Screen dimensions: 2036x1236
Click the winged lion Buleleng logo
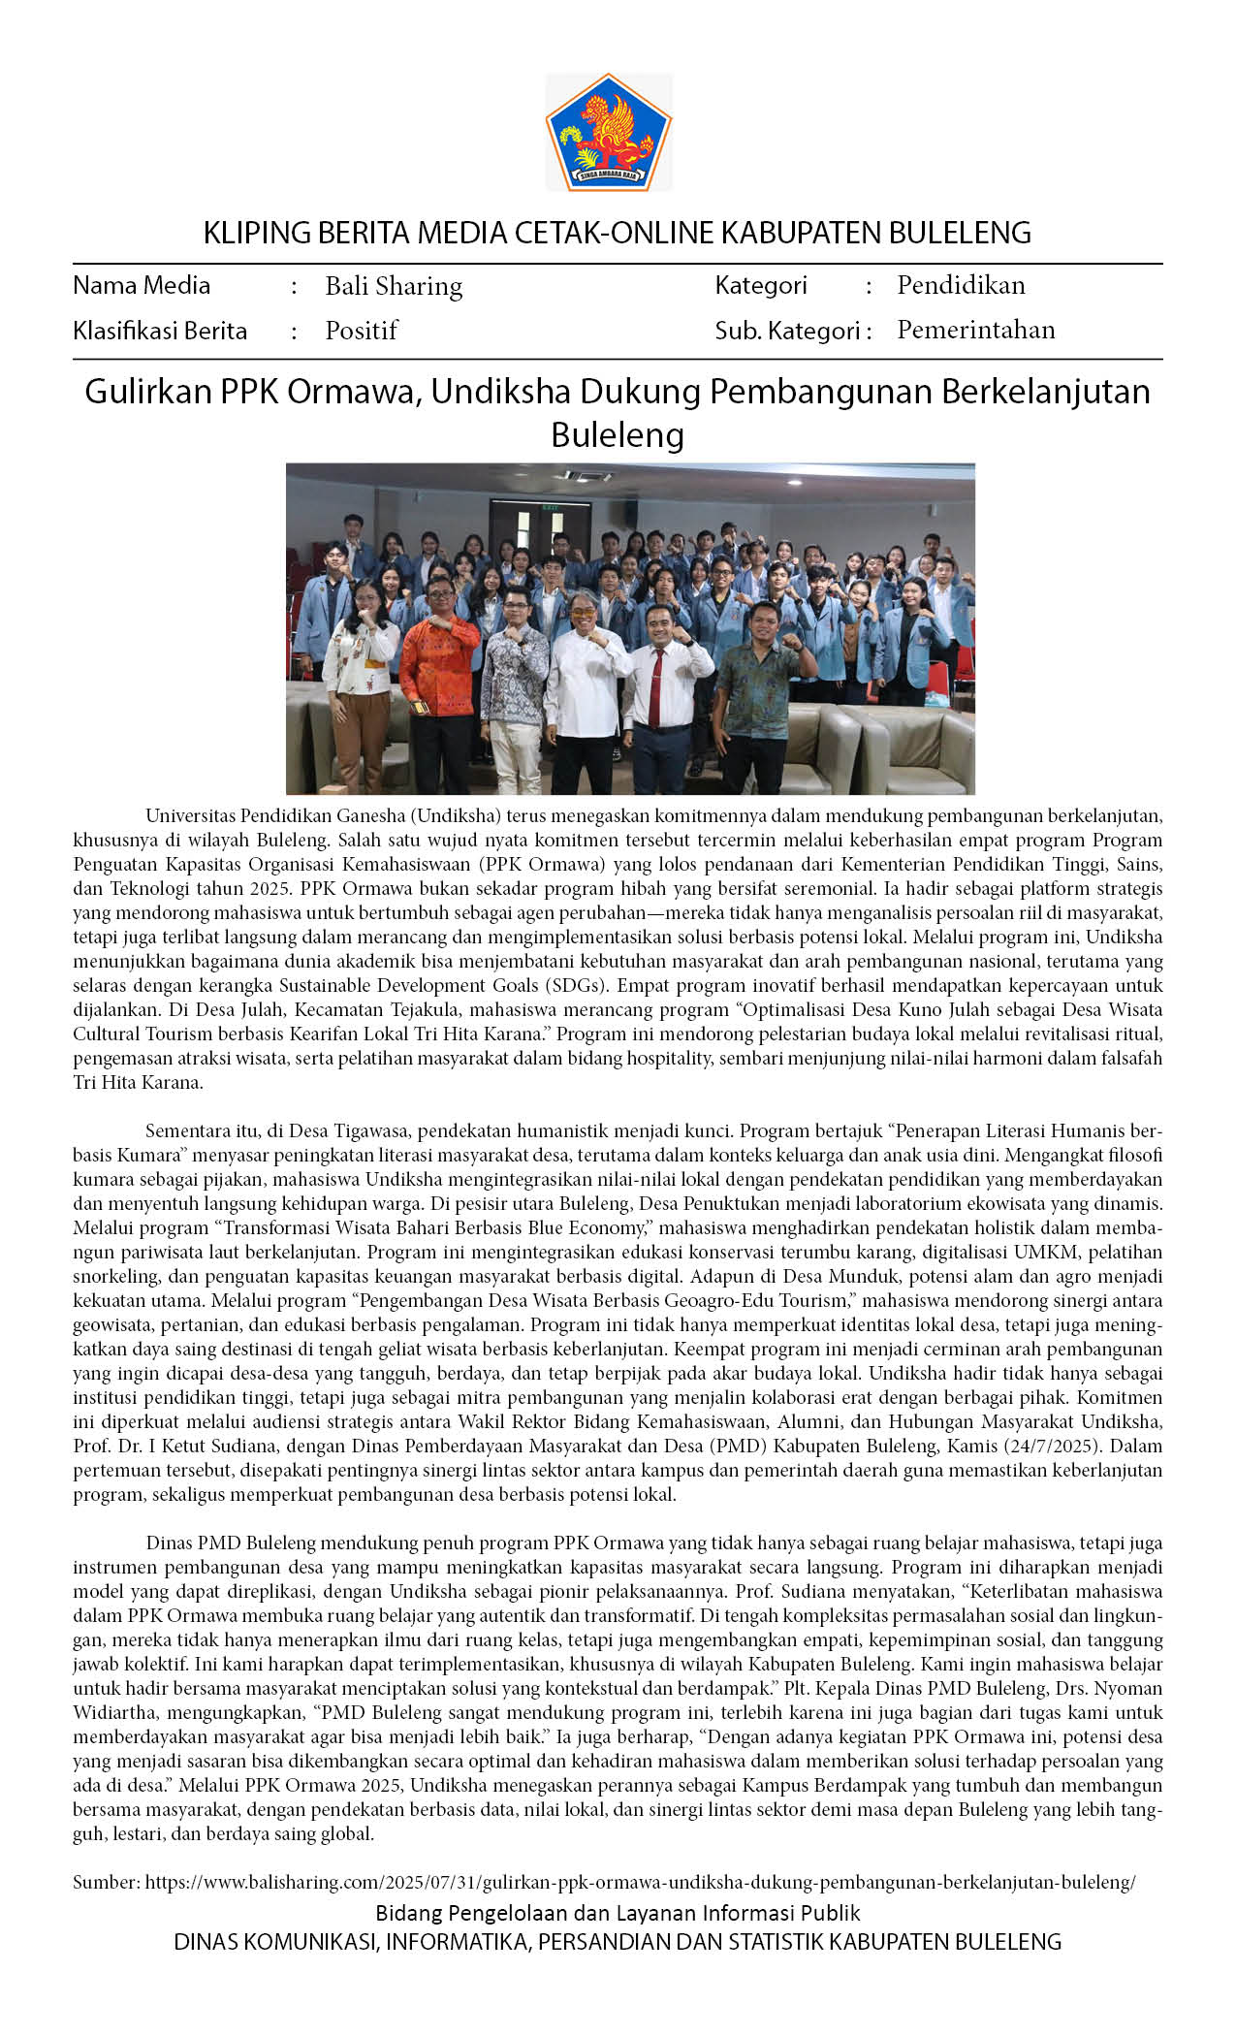[608, 133]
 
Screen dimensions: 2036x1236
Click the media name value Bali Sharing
[394, 286]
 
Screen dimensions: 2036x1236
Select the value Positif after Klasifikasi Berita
[362, 331]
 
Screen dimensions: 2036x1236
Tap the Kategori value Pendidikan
[961, 285]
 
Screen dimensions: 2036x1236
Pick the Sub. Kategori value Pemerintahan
[975, 330]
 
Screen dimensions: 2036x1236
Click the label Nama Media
[142, 285]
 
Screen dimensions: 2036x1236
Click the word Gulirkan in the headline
[147, 392]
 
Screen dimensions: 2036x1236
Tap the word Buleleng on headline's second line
[618, 434]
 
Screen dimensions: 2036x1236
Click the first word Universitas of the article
[190, 816]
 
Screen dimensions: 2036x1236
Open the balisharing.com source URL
[640, 1882]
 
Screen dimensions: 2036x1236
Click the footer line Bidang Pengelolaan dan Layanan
[618, 1913]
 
